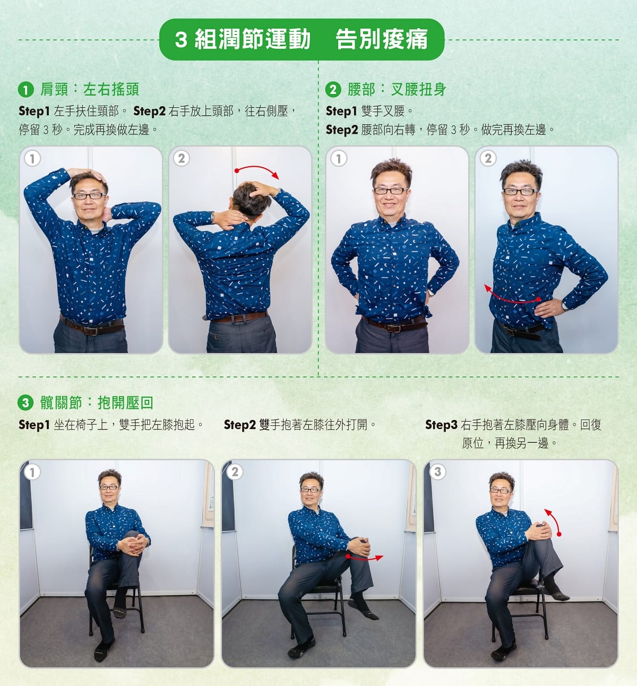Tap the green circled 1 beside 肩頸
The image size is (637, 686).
tap(26, 89)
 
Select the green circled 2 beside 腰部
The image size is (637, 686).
tap(333, 89)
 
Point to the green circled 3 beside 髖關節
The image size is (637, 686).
tap(25, 403)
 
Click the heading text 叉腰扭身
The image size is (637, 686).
tap(418, 89)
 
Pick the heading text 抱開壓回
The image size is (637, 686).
tap(125, 403)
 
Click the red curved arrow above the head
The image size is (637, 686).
tap(257, 171)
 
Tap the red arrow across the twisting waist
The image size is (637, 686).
tap(512, 295)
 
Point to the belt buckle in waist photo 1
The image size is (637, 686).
tap(394, 327)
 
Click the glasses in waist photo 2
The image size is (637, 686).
tap(521, 191)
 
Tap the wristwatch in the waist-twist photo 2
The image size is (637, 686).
tap(564, 306)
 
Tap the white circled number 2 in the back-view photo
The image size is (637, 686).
tap(182, 159)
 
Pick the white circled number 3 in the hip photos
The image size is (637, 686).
tap(438, 471)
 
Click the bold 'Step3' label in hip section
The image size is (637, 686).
tap(441, 425)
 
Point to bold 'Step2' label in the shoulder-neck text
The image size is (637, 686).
tap(149, 111)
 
